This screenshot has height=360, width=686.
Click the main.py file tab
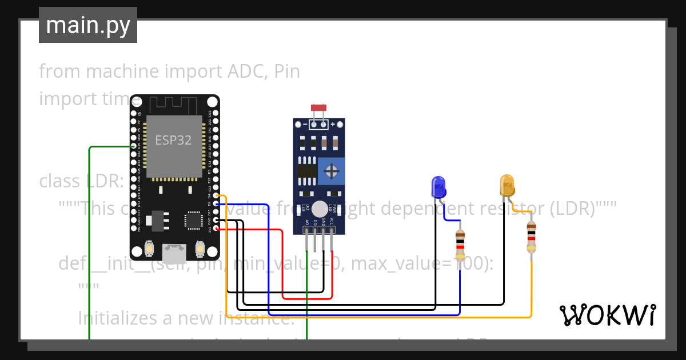(x=87, y=25)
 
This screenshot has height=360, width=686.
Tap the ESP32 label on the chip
(x=173, y=139)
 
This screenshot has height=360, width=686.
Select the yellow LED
(x=507, y=186)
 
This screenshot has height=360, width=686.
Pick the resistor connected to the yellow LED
(x=532, y=237)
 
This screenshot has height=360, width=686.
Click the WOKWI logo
(x=607, y=315)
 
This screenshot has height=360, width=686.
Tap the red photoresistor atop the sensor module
(x=318, y=108)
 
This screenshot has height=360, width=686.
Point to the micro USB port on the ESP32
(x=174, y=250)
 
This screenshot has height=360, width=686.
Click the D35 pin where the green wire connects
(x=134, y=146)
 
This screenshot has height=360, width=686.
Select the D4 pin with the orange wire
(x=216, y=196)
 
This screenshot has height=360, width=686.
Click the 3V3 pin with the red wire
(x=216, y=229)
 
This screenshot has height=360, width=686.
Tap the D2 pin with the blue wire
(x=216, y=204)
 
